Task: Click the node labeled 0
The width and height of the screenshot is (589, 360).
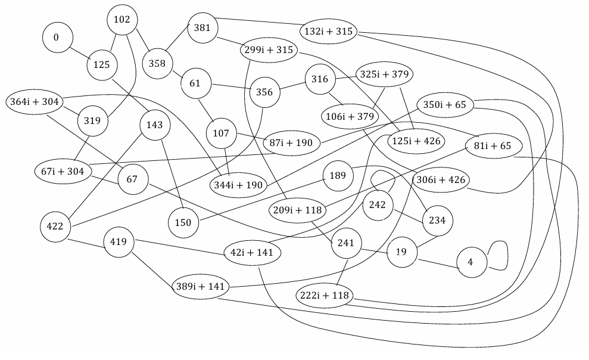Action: [57, 38]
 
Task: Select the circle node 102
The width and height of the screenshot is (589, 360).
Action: [121, 20]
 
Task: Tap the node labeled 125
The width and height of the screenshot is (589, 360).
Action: [102, 64]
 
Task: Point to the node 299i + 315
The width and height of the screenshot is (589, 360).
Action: [269, 51]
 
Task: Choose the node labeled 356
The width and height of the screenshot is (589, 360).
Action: [264, 92]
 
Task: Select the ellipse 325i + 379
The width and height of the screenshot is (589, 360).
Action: [384, 75]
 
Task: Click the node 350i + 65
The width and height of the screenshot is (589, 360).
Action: [444, 105]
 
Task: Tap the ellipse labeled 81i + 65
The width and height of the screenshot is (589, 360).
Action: [493, 146]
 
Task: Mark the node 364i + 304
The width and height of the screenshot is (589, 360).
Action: [34, 102]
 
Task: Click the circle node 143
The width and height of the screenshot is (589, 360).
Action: [154, 125]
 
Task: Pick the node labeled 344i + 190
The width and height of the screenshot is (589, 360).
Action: [238, 185]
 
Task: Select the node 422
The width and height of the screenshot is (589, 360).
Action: [55, 227]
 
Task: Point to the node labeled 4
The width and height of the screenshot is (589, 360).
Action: [470, 262]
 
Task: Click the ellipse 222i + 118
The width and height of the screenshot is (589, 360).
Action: [325, 295]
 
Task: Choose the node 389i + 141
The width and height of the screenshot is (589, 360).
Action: [200, 287]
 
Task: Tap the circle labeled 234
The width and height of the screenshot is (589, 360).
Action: [437, 221]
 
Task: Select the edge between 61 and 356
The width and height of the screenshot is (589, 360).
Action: [230, 88]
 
